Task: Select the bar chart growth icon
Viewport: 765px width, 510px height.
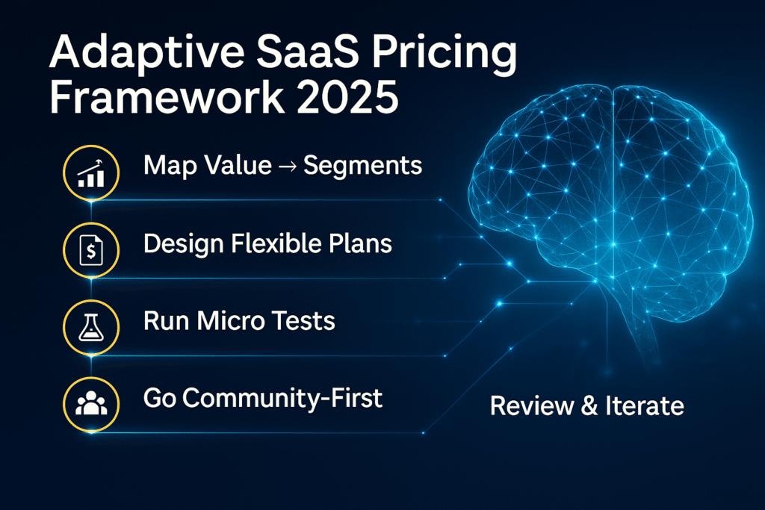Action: tap(91, 173)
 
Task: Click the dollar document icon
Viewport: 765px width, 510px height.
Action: tap(91, 250)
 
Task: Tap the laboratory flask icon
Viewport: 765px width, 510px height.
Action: tap(91, 326)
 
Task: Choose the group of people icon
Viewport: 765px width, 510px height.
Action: tap(91, 403)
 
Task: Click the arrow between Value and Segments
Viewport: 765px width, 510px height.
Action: tap(288, 167)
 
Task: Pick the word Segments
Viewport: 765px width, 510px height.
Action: tap(362, 167)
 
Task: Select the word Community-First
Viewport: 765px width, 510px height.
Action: tap(282, 398)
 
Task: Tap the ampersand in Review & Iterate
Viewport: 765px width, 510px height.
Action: tap(589, 405)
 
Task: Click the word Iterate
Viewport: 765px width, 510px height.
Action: tap(645, 405)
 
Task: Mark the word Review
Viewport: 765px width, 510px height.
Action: tap(532, 405)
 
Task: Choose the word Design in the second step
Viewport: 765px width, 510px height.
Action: tap(184, 243)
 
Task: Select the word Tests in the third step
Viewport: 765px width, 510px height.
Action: tap(303, 321)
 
